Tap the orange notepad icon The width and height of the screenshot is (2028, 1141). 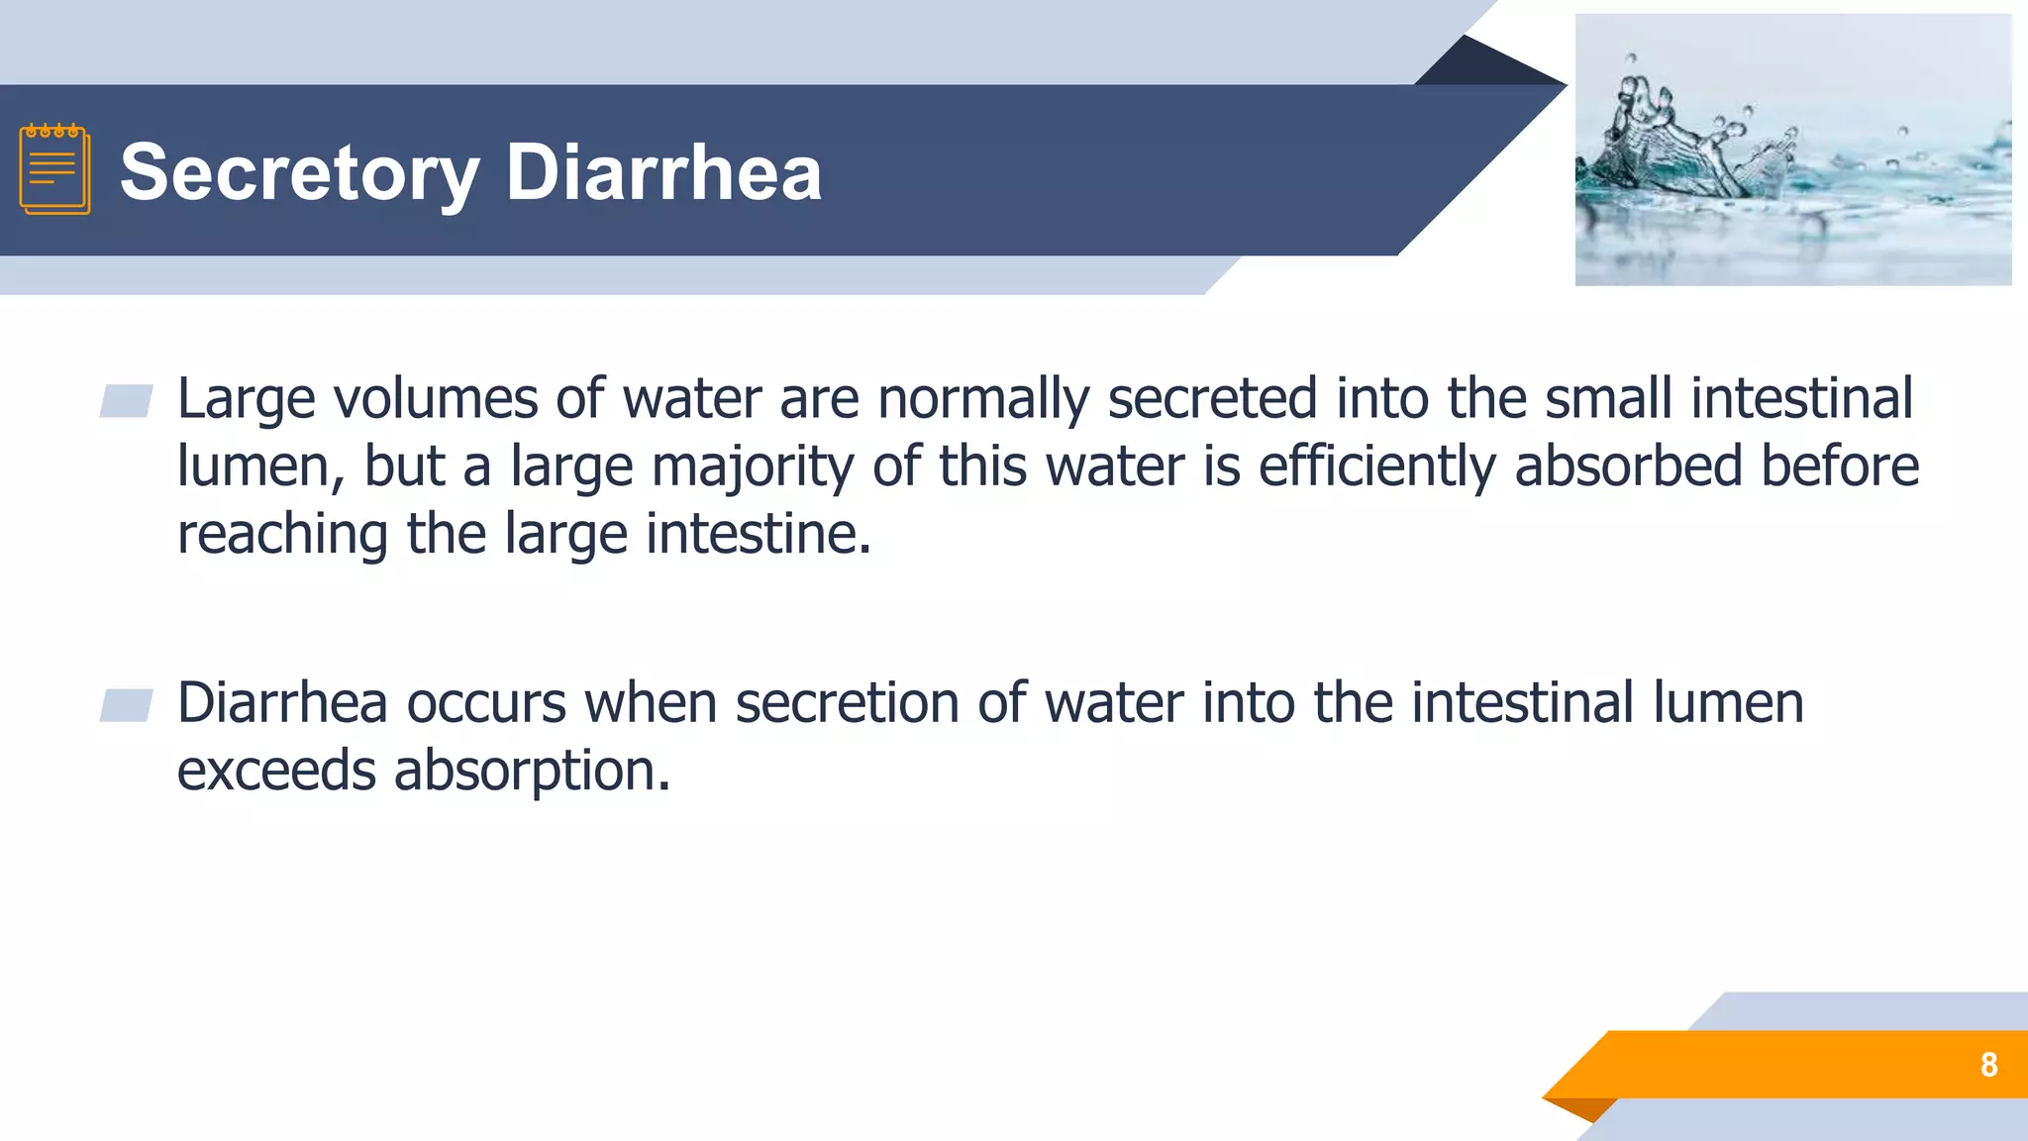click(x=54, y=169)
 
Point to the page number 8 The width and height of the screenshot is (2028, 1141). click(x=1988, y=1065)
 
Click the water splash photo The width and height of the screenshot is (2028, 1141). click(x=1792, y=151)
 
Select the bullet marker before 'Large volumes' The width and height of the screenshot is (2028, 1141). click(x=126, y=401)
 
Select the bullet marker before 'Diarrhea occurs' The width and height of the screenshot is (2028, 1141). click(x=126, y=705)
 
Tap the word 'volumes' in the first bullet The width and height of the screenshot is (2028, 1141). click(x=434, y=399)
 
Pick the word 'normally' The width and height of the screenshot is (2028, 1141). click(x=982, y=399)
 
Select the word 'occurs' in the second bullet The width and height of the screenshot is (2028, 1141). click(x=486, y=704)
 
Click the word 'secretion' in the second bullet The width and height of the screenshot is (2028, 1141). click(x=847, y=704)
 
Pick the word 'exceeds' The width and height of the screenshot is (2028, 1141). click(x=276, y=772)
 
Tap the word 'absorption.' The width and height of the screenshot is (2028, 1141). click(x=533, y=772)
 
